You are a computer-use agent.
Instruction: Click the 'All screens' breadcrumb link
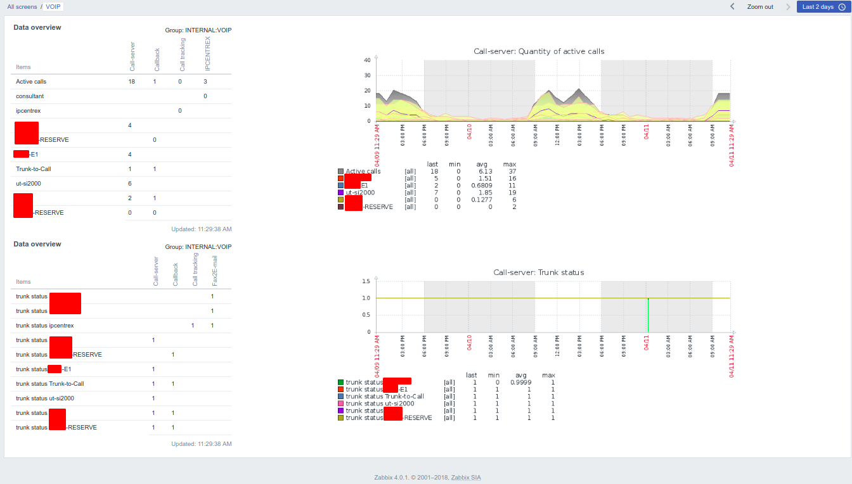point(22,6)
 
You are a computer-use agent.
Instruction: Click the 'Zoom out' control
point(759,7)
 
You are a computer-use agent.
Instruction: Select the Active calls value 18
point(131,82)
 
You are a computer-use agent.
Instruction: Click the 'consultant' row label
point(30,96)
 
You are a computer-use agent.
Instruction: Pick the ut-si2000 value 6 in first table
point(129,184)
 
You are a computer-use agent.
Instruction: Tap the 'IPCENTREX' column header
point(207,53)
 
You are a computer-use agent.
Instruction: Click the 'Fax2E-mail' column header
point(214,269)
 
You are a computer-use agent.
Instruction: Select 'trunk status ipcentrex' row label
point(44,326)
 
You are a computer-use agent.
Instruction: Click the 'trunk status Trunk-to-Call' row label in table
point(49,384)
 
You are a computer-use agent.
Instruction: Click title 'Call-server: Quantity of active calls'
point(539,51)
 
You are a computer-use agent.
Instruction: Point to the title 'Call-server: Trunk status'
point(539,272)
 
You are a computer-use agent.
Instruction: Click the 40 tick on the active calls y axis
point(367,60)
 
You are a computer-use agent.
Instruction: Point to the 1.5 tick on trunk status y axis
point(366,281)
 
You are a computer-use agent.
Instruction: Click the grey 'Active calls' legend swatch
point(341,172)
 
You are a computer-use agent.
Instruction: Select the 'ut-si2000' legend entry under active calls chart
point(360,193)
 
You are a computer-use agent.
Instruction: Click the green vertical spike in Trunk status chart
point(648,314)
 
